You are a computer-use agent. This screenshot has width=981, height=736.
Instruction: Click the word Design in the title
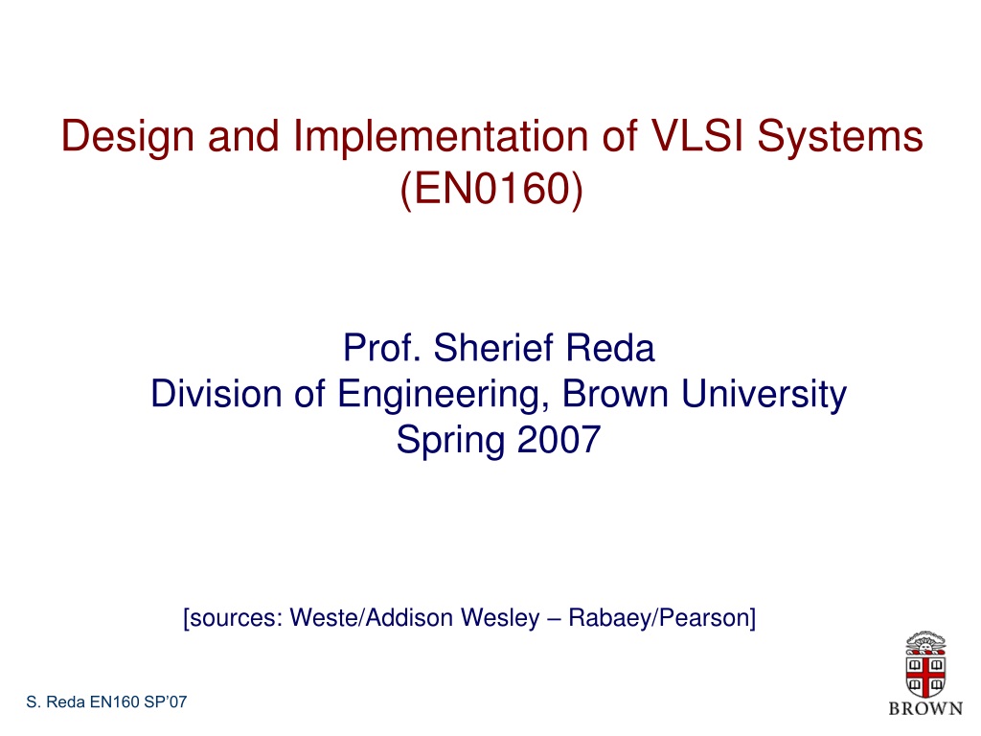click(x=127, y=137)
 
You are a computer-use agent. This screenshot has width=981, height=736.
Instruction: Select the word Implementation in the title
click(x=441, y=137)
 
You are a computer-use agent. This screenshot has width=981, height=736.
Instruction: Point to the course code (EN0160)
click(x=491, y=189)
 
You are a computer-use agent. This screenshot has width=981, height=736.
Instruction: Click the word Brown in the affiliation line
click(x=615, y=394)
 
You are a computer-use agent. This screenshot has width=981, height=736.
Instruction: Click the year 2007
click(x=559, y=439)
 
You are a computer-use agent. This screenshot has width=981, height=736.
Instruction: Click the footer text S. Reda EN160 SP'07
click(x=106, y=701)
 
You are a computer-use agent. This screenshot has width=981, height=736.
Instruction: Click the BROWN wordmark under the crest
click(x=926, y=708)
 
